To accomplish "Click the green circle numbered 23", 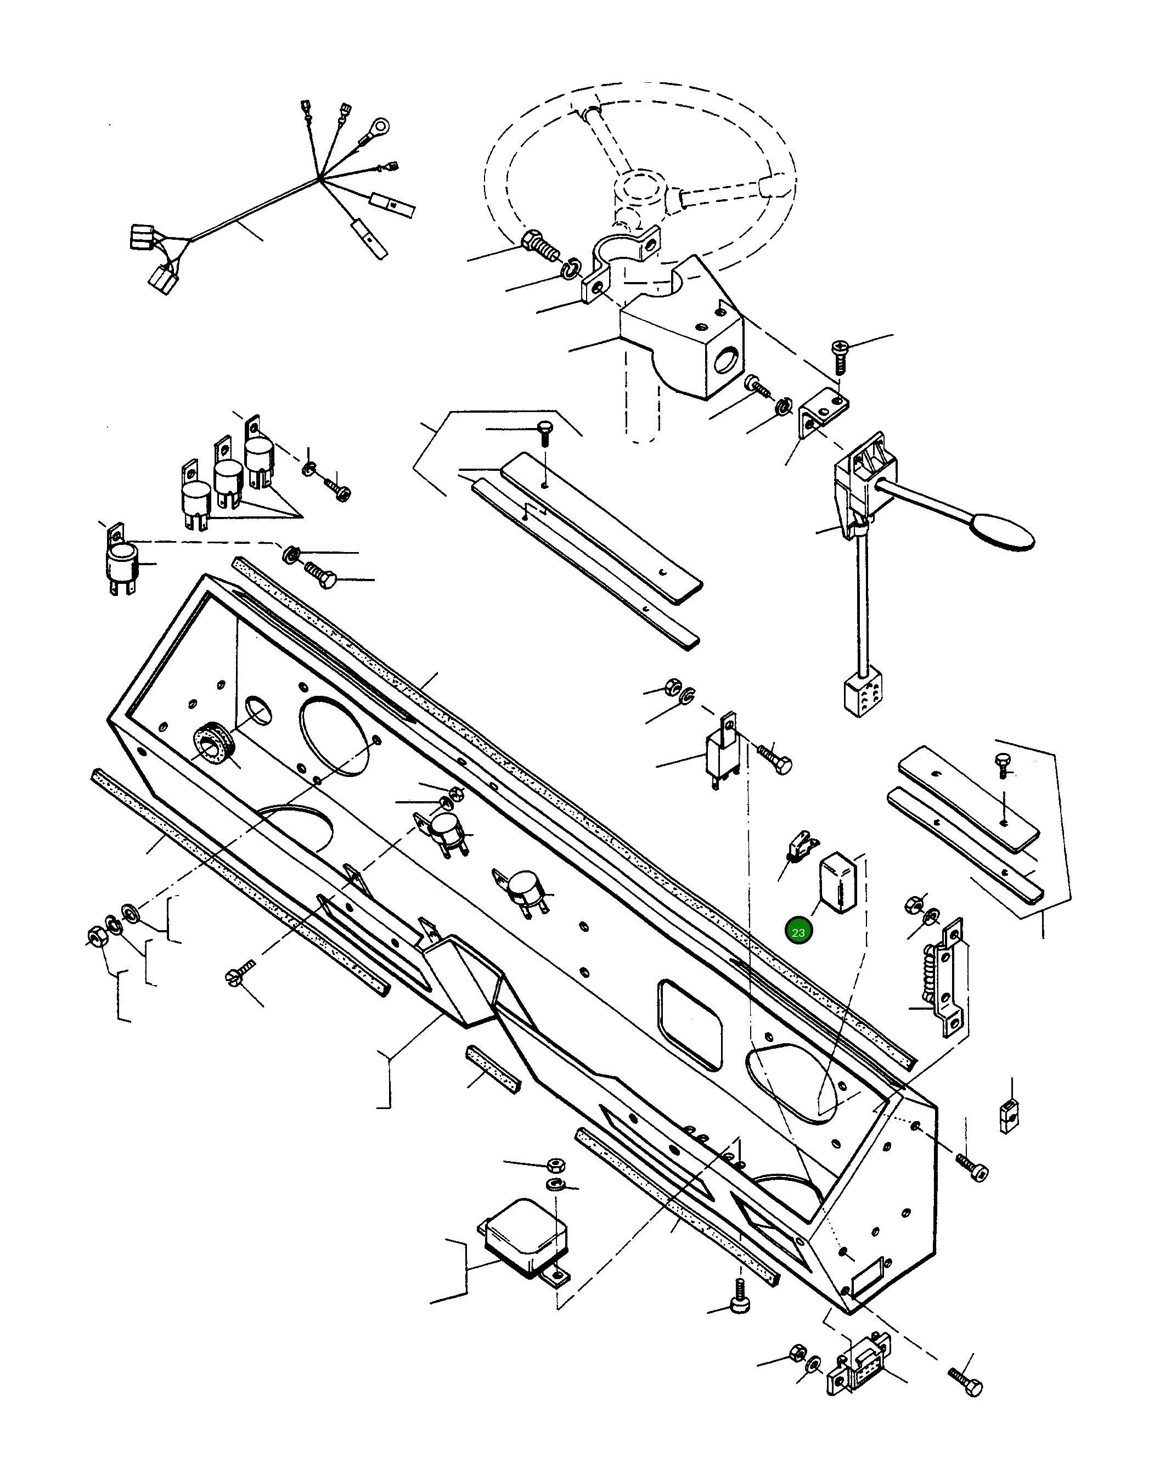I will pos(798,932).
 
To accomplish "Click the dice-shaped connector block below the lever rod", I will pos(859,696).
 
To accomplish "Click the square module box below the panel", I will pos(525,1240).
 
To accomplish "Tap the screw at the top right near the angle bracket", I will pos(839,354).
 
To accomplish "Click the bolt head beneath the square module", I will pos(739,1304).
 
